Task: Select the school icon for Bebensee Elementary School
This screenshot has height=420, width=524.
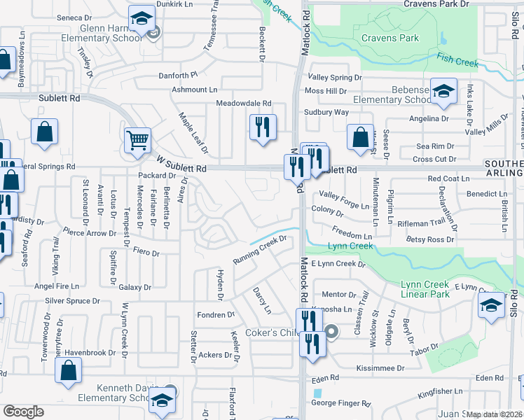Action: click(443, 92)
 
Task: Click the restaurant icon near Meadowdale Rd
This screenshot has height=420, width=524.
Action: click(263, 127)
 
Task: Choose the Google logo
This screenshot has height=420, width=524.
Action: click(23, 412)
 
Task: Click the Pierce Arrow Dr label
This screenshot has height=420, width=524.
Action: click(89, 232)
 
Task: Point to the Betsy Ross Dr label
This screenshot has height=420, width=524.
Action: click(430, 239)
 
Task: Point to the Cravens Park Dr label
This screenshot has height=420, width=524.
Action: click(436, 4)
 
